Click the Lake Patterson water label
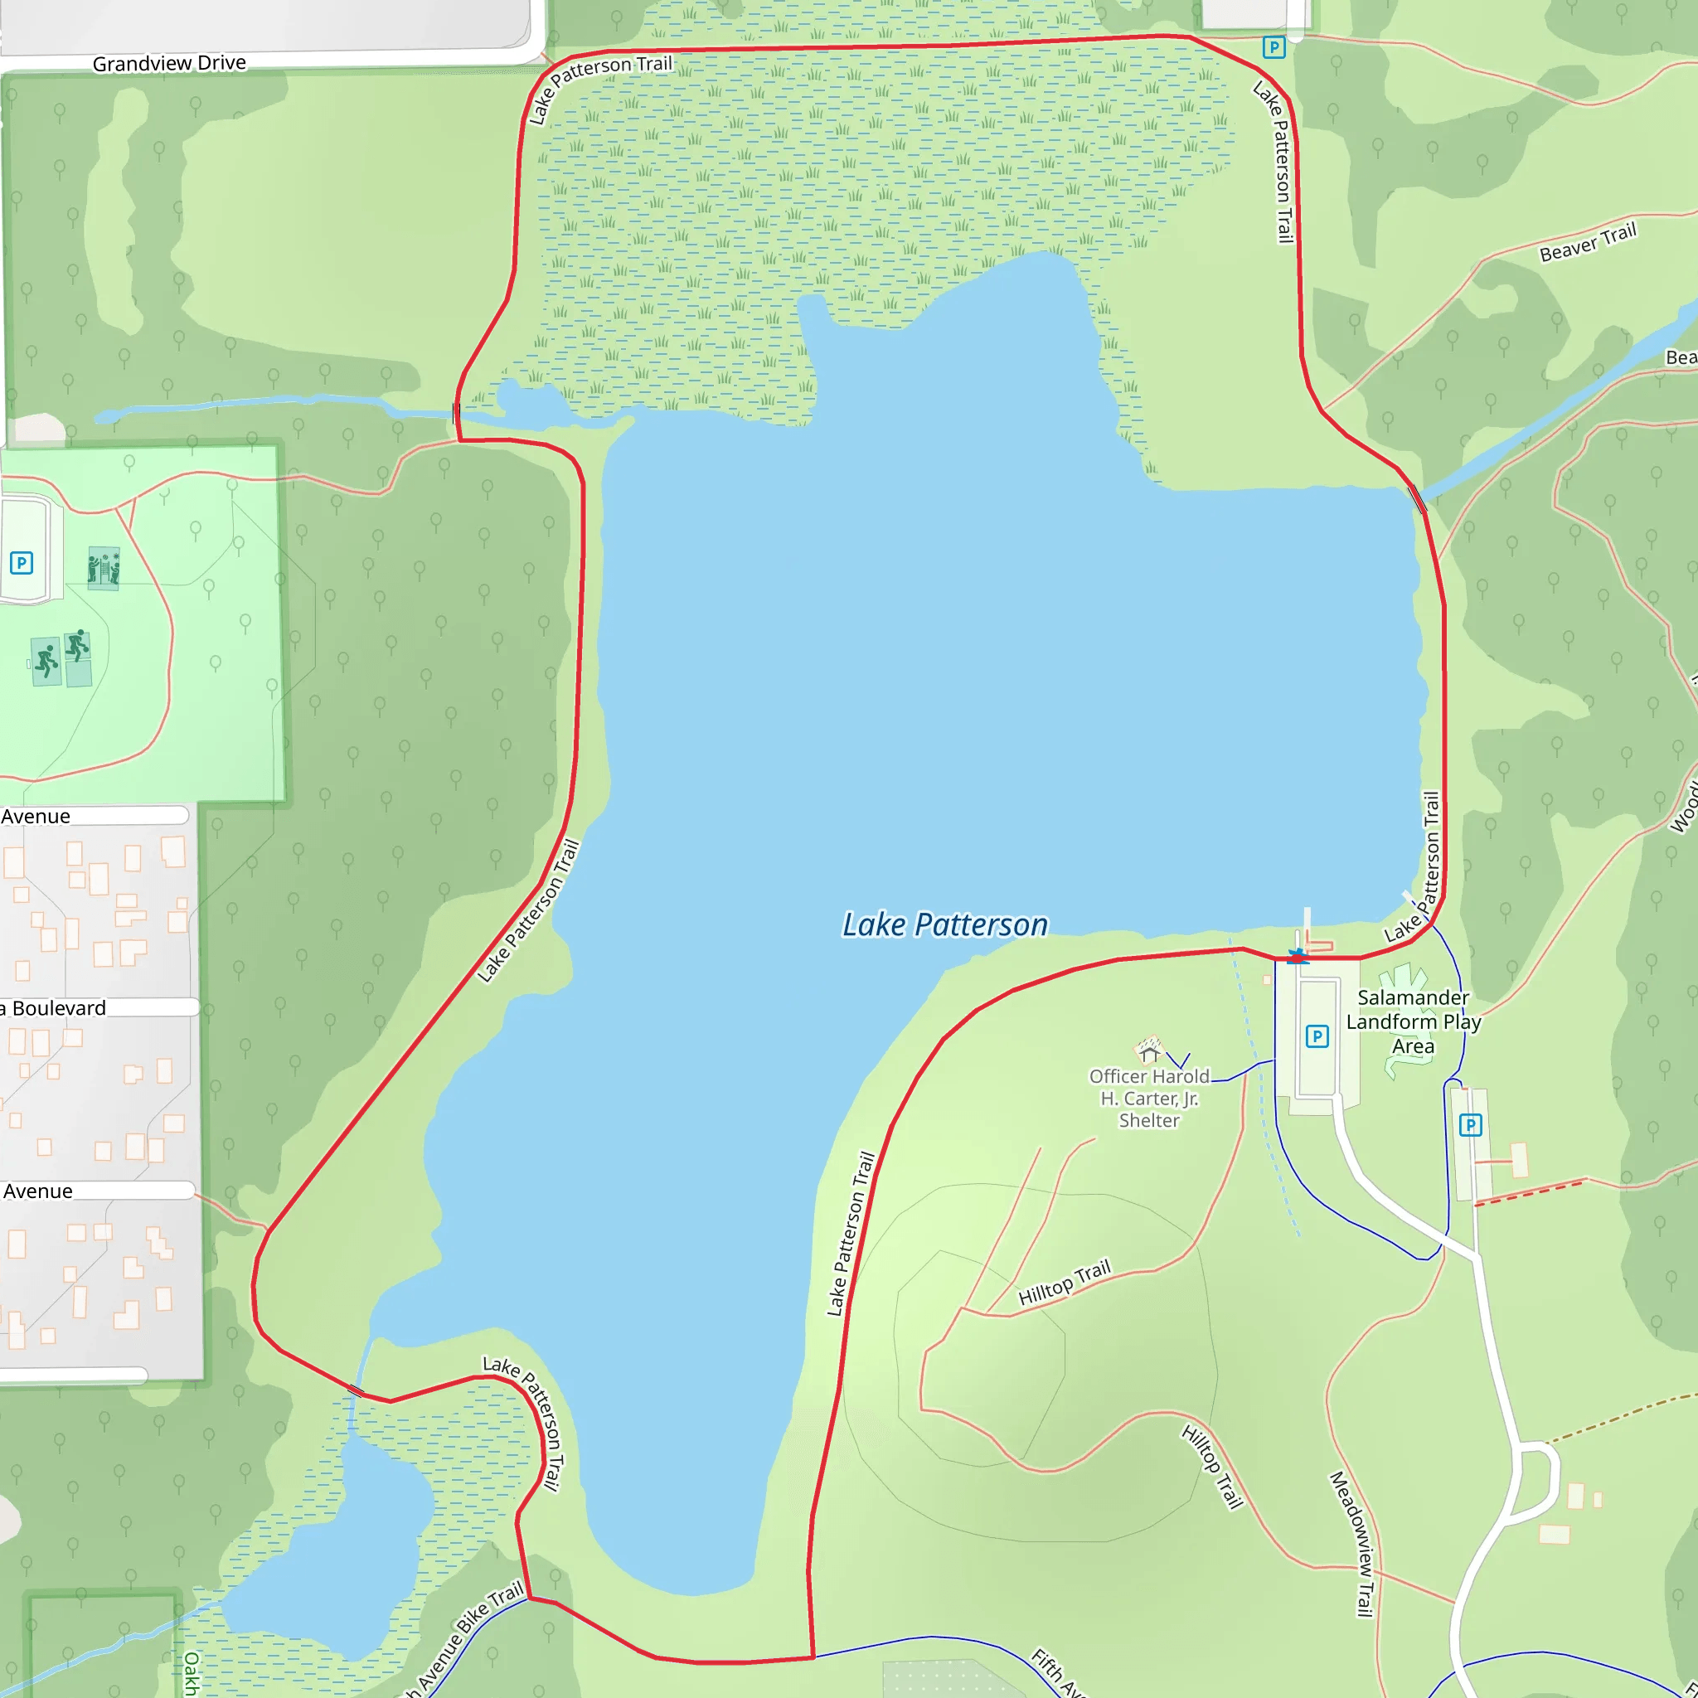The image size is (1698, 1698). click(945, 924)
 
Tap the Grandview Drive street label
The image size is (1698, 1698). click(169, 63)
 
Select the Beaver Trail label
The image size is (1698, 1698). click(1587, 242)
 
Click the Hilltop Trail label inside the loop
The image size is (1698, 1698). click(1065, 1283)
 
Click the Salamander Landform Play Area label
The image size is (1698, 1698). click(1412, 1021)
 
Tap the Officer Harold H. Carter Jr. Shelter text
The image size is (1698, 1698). click(1148, 1098)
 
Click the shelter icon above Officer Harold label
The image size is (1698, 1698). click(1148, 1050)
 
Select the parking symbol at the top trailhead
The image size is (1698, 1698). click(1273, 46)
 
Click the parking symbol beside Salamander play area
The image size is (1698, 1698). click(1317, 1036)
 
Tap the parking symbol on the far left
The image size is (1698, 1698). click(21, 562)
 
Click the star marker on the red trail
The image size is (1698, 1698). click(1298, 956)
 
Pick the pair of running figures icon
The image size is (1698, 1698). click(61, 656)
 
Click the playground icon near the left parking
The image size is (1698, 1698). click(104, 569)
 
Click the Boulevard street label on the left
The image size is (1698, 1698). click(57, 1008)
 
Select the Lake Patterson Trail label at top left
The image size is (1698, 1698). click(598, 85)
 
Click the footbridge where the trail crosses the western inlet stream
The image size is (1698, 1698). click(456, 412)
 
